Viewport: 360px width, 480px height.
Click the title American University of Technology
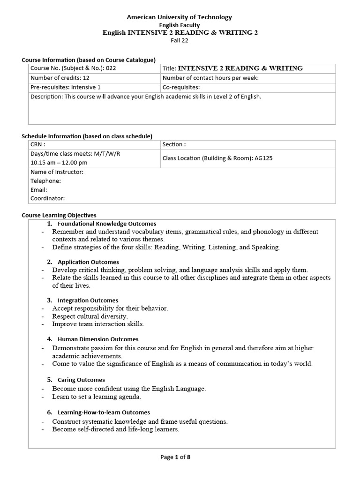pyautogui.click(x=180, y=17)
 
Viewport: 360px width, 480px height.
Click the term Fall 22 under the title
pyautogui.click(x=180, y=40)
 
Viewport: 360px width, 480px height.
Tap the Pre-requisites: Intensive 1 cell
pyautogui.click(x=66, y=87)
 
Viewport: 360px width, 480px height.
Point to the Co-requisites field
pyautogui.click(x=181, y=87)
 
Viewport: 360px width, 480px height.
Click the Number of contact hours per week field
pyautogui.click(x=210, y=78)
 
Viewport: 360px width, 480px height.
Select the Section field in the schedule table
pyautogui.click(x=174, y=145)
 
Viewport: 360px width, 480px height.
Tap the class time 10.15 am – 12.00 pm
pyautogui.click(x=59, y=163)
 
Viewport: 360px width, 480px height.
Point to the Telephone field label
pyautogui.click(x=45, y=181)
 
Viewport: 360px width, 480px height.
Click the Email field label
pyautogui.click(x=39, y=190)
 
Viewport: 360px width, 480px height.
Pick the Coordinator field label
pyautogui.click(x=48, y=199)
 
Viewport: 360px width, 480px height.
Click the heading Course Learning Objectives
pyautogui.click(x=59, y=215)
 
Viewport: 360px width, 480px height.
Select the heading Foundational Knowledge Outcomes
pyautogui.click(x=107, y=224)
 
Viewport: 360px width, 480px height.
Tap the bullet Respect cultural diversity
pyautogui.click(x=90, y=316)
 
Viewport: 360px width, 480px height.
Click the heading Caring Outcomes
pyautogui.click(x=81, y=380)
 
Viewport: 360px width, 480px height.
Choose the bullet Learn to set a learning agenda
pyautogui.click(x=97, y=397)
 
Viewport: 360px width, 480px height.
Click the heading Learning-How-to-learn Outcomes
pyautogui.click(x=104, y=412)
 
